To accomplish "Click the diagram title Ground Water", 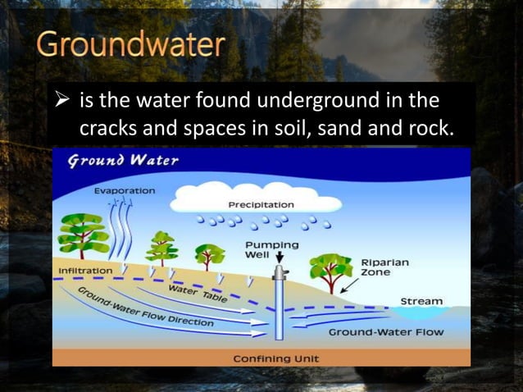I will [123, 160].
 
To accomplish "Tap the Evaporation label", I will [124, 189].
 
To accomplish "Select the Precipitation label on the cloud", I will [261, 204].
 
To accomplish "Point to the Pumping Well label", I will [272, 249].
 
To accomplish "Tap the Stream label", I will [421, 301].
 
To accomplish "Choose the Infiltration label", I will [85, 270].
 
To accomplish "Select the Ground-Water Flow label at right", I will [385, 332].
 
